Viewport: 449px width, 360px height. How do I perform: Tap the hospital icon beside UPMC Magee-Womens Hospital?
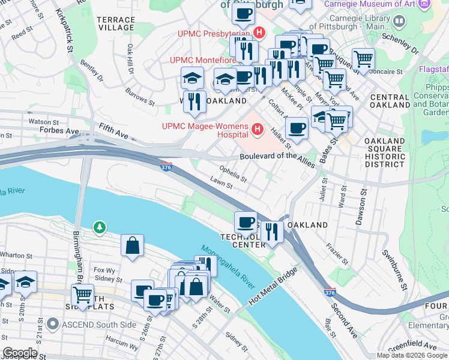(x=258, y=129)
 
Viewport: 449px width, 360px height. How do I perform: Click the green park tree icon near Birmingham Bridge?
(x=99, y=227)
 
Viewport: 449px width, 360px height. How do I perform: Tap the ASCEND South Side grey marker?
(x=53, y=325)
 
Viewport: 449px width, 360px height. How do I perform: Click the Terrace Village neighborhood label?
(x=116, y=23)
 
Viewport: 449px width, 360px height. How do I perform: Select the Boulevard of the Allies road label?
(x=277, y=157)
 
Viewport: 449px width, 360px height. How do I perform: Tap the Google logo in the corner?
(x=20, y=352)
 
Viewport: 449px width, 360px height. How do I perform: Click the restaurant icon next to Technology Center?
(x=272, y=232)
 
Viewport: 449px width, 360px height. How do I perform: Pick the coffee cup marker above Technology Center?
(x=246, y=222)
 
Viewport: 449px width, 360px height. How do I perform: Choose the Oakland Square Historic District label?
(x=384, y=152)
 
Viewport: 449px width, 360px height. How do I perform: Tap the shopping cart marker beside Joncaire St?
(x=363, y=59)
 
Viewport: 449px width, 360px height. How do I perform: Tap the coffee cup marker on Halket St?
(x=297, y=128)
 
